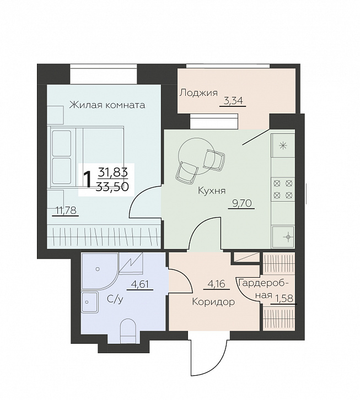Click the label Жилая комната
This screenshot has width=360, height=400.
click(108, 105)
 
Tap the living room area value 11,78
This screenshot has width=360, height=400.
click(66, 210)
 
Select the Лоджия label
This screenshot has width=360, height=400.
click(198, 93)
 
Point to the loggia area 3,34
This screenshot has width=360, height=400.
click(233, 101)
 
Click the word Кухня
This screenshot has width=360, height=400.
click(212, 191)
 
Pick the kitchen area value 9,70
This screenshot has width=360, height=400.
click(241, 203)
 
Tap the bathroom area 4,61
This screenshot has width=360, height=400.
click(139, 284)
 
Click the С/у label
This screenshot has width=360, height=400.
click(115, 300)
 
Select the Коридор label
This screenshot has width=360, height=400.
click(213, 302)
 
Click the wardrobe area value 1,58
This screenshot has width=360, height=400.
click(284, 298)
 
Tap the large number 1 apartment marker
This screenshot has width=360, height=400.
click(87, 179)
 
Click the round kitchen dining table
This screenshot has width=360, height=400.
click(197, 156)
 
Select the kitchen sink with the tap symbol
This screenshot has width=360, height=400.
click(283, 237)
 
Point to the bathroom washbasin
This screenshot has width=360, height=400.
click(89, 302)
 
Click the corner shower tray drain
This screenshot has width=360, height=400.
click(98, 269)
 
